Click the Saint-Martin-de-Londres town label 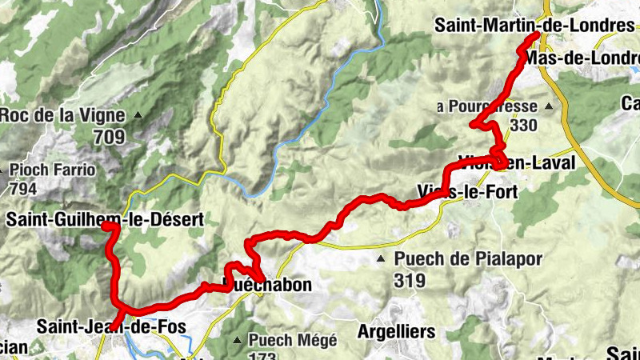tap(534, 26)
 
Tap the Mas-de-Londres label tap(582, 58)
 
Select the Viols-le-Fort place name tap(467, 191)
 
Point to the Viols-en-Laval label tap(516, 162)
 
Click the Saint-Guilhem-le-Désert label tap(104, 218)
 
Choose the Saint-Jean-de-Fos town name tap(110, 326)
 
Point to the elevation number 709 tap(109, 137)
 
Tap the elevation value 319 tap(410, 280)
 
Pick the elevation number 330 tap(523, 126)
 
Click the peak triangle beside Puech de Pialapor tap(382, 259)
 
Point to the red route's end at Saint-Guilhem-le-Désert tap(106, 227)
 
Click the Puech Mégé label tap(292, 340)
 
